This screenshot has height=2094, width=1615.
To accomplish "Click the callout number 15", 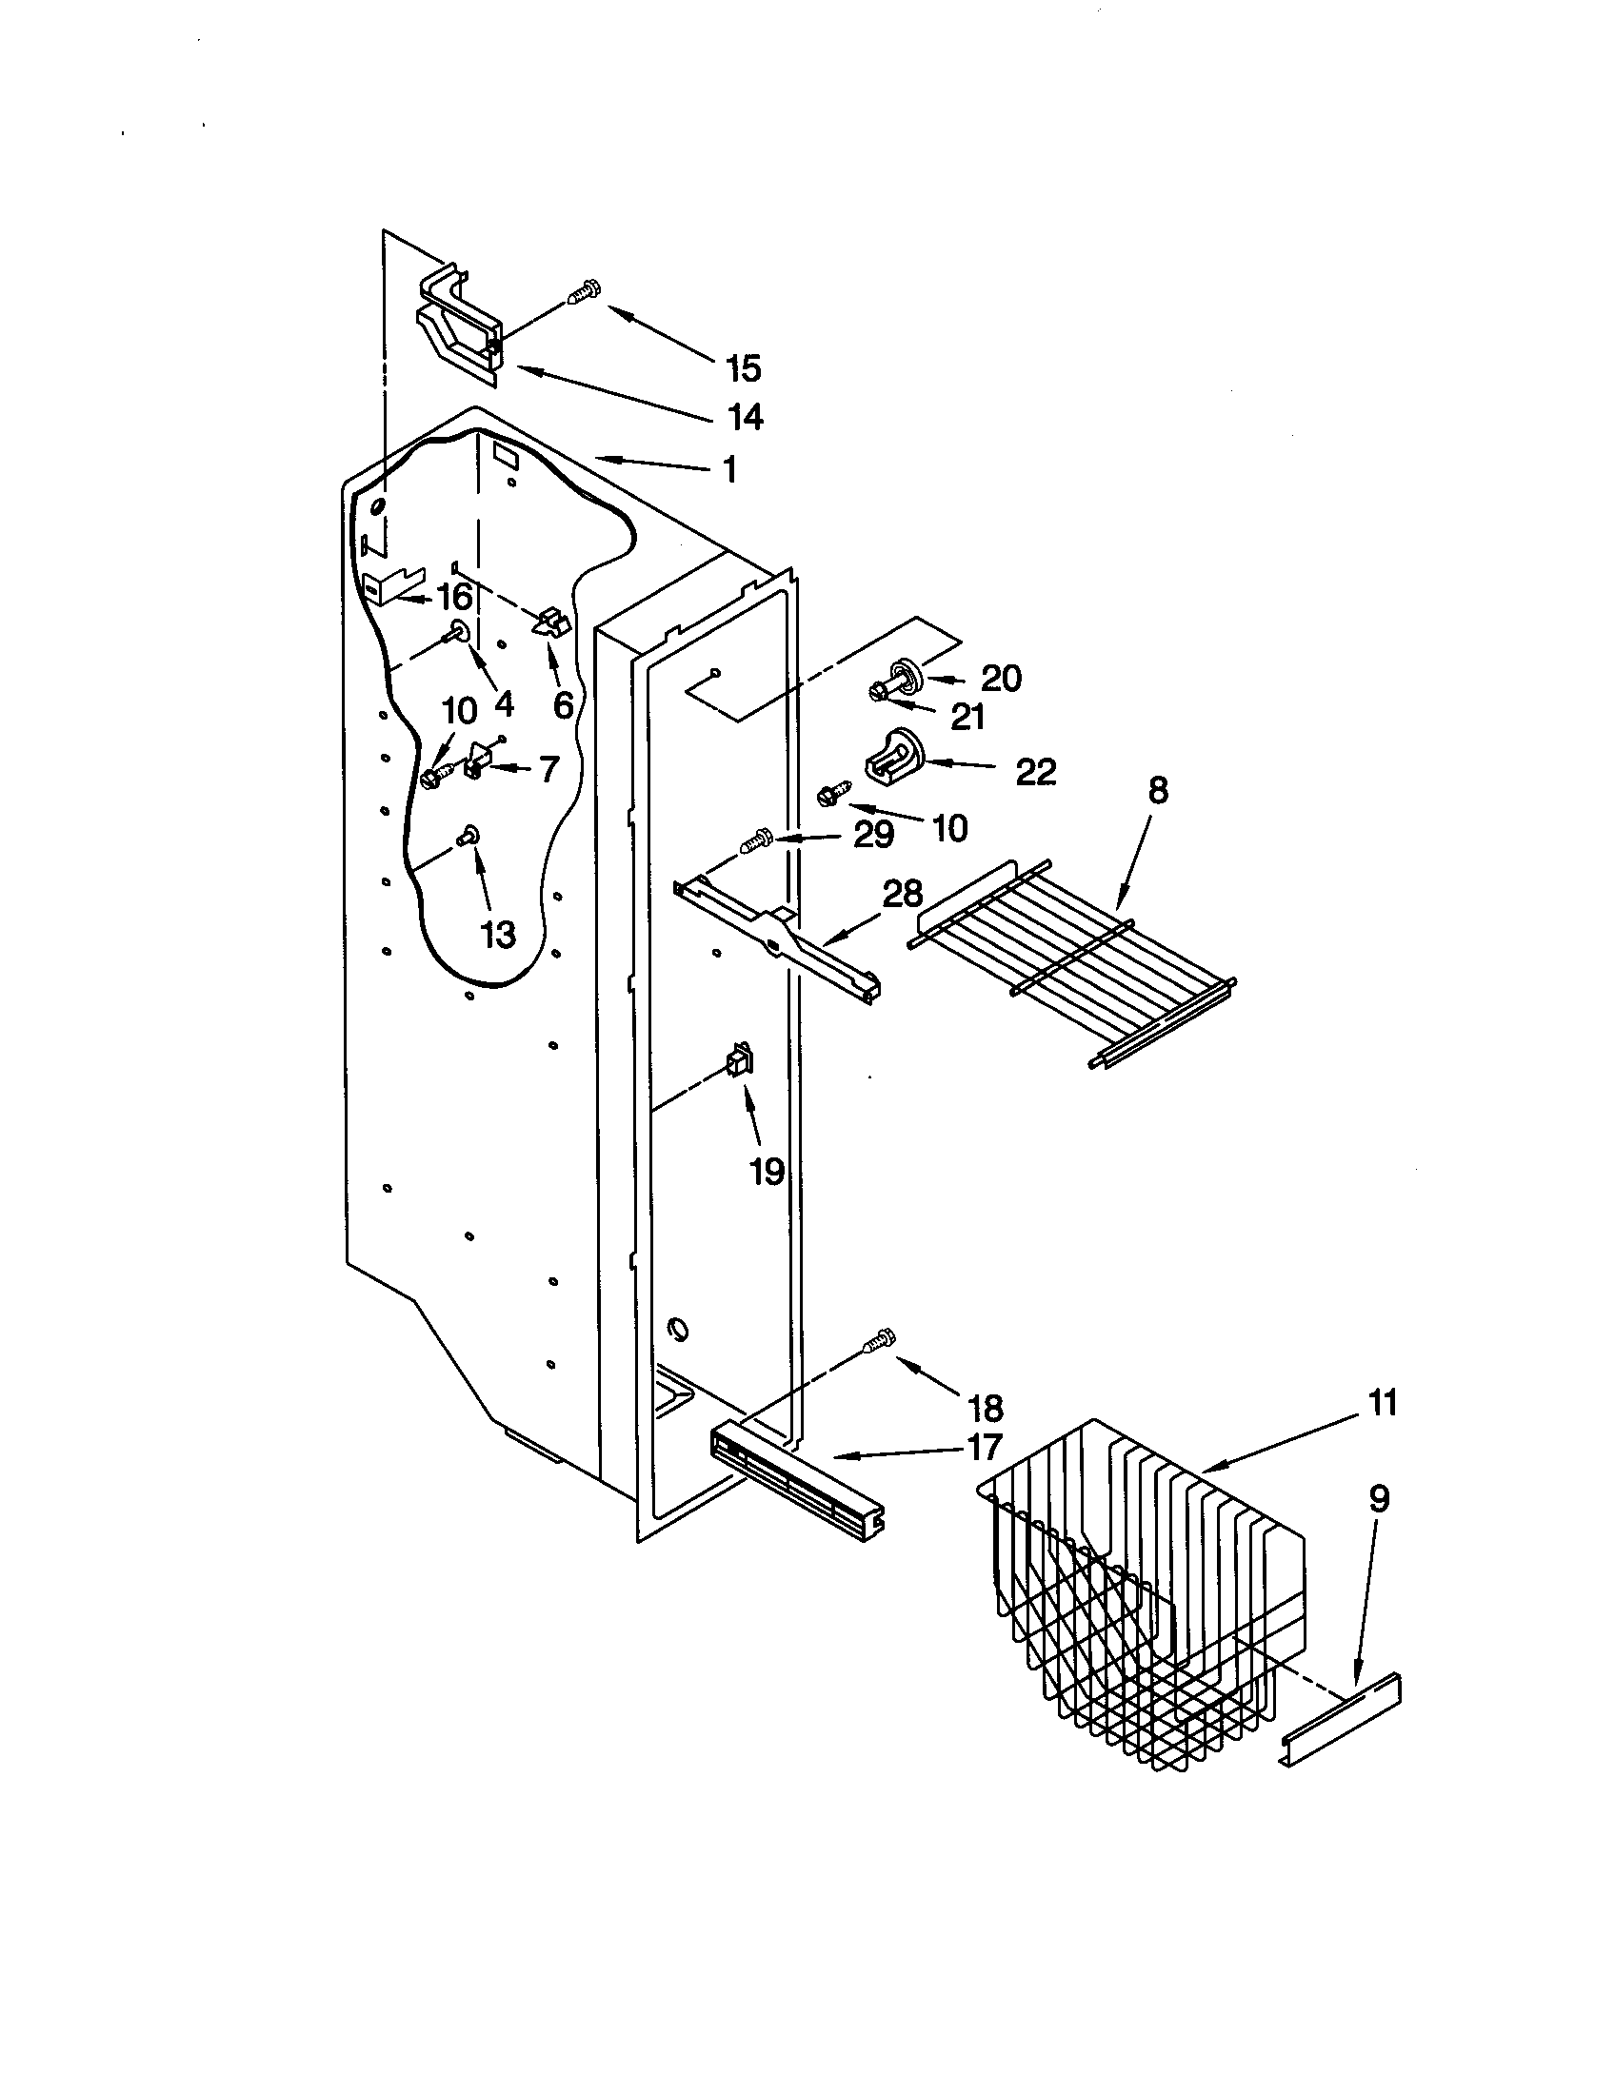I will coord(744,367).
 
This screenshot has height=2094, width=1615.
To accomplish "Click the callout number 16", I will coord(454,598).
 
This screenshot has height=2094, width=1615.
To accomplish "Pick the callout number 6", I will coord(563,705).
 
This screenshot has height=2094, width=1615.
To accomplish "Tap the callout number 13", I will coord(497,934).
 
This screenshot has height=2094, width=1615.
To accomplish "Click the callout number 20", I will coord(1001,679).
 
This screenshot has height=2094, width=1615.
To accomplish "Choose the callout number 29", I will coord(873,835).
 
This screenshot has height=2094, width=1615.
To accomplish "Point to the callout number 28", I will coord(902,894).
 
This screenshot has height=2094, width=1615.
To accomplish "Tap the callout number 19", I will coord(768,1171).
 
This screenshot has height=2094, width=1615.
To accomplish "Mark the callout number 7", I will coord(548,769).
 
